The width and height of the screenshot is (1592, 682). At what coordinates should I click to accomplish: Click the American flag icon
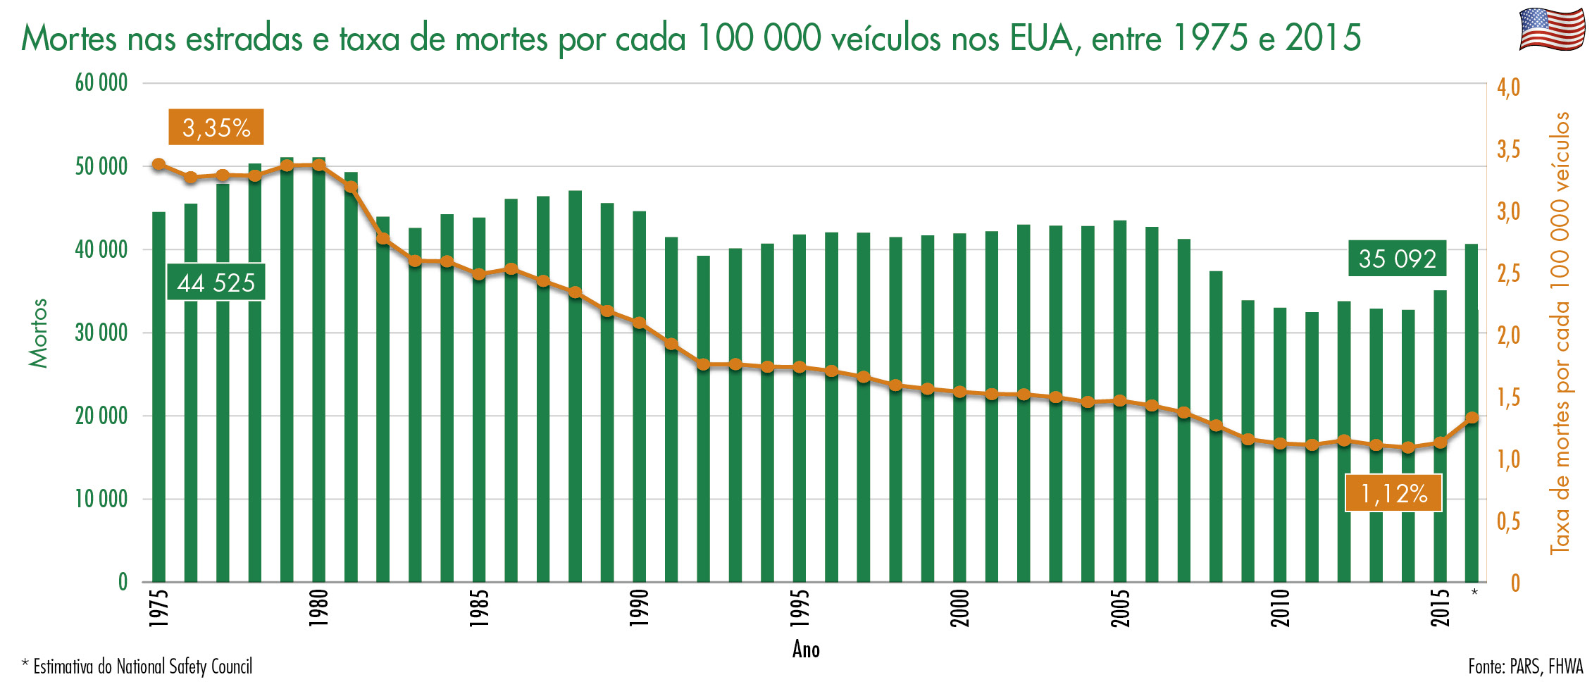[1551, 29]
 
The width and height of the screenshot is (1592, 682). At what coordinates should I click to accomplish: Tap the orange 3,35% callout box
[216, 128]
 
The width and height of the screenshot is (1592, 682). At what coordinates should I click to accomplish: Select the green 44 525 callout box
[216, 283]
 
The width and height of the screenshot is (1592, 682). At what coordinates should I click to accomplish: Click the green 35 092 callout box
[1397, 259]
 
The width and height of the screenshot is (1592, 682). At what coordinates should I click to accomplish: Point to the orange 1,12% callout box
[1393, 493]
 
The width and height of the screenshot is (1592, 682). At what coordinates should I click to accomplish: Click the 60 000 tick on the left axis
[101, 83]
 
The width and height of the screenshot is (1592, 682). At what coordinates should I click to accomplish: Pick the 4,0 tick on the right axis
[1508, 88]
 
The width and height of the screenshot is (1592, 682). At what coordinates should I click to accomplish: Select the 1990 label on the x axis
[639, 607]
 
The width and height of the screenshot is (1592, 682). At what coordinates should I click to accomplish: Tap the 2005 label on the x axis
[1120, 607]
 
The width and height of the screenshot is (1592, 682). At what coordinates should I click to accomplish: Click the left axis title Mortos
[38, 333]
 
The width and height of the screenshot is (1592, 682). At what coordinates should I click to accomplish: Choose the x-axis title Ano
[806, 649]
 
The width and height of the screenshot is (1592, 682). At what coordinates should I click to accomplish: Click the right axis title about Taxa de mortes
[1560, 333]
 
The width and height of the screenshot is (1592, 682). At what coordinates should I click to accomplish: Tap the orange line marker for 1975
[158, 165]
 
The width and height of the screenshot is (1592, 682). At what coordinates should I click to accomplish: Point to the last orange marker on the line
[1472, 418]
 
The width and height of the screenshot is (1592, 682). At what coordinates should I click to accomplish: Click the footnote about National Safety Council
[137, 666]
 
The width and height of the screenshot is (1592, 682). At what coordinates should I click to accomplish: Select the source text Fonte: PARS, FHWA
[1525, 666]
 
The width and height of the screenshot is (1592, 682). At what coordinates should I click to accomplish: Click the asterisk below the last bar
[1474, 593]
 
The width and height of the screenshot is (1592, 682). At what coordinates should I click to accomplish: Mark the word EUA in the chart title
[1041, 38]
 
